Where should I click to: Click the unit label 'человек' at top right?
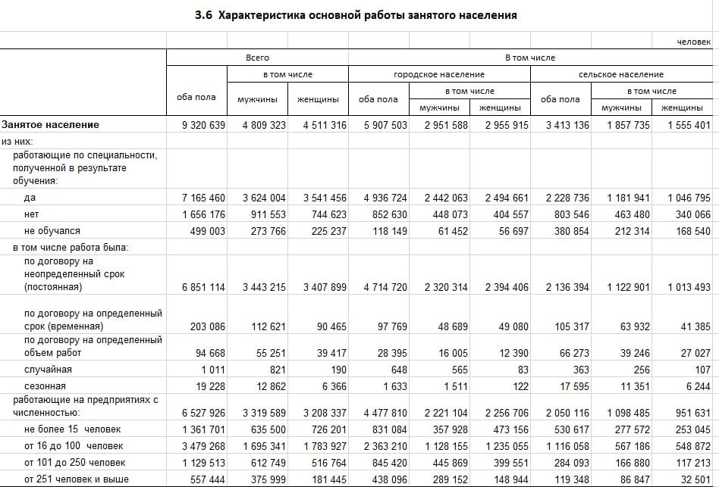[694, 42]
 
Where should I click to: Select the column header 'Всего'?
[257, 58]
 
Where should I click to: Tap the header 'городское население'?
[439, 74]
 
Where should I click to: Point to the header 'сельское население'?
[620, 74]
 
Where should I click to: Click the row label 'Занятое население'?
[50, 125]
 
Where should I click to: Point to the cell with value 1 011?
[215, 370]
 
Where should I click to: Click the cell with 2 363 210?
[385, 446]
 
